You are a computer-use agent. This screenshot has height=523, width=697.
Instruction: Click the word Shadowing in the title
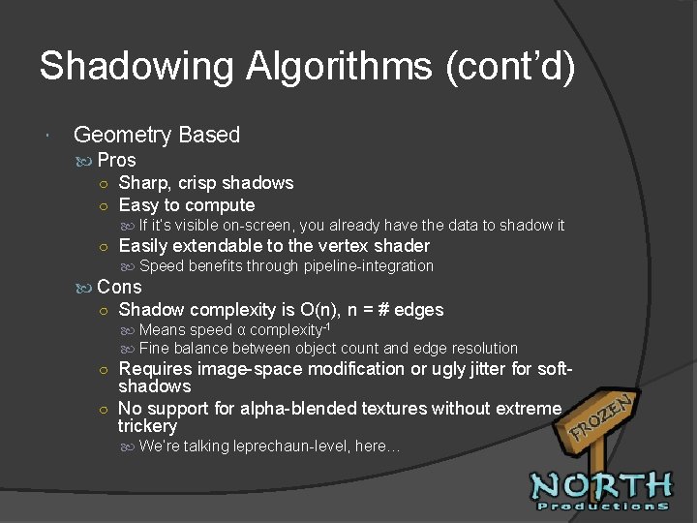tap(137, 67)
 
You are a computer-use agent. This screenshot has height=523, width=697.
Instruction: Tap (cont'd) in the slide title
tap(510, 67)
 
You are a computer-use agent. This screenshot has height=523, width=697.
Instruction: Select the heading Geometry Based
tap(156, 135)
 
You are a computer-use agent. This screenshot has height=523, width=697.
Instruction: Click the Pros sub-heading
tap(116, 160)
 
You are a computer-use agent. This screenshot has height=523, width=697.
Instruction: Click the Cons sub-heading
tap(119, 287)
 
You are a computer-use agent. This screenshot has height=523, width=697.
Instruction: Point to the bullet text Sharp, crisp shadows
tap(205, 183)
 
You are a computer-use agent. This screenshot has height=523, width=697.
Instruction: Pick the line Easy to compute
tap(186, 205)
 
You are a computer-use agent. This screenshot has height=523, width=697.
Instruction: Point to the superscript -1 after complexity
tap(326, 326)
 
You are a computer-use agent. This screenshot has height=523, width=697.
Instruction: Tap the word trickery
tap(147, 426)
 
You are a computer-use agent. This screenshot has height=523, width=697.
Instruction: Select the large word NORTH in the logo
tap(601, 485)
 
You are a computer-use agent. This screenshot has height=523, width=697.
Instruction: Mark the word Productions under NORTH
tap(603, 506)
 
